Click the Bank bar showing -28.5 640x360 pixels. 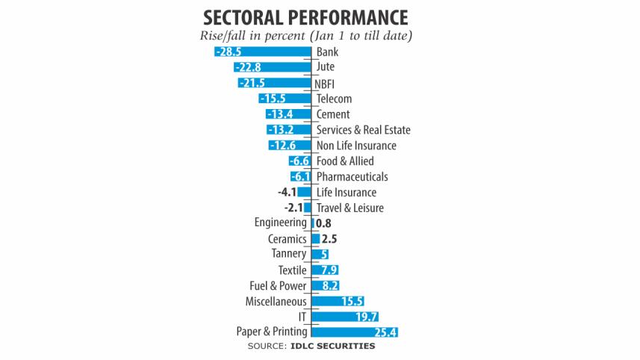(x=261, y=52)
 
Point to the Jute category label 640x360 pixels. (x=326, y=67)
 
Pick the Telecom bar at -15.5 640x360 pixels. (x=285, y=99)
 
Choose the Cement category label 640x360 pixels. (x=333, y=114)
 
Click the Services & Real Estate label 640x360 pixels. (x=363, y=130)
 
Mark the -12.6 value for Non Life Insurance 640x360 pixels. (x=282, y=146)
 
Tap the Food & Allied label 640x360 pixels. (x=345, y=161)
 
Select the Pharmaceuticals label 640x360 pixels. (x=352, y=177)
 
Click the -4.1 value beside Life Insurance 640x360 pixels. (x=288, y=192)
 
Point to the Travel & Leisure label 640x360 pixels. (x=349, y=208)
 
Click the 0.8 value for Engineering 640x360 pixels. (x=323, y=223)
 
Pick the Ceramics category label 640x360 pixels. (x=288, y=239)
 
